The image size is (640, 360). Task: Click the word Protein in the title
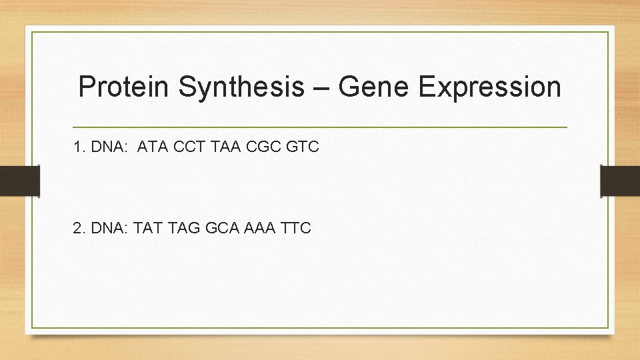tap(124, 87)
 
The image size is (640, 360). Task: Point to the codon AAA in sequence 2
tap(260, 228)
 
